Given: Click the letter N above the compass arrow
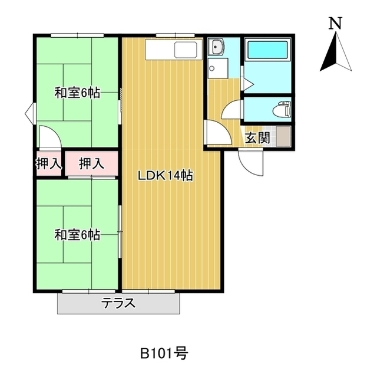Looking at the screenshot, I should [336, 24].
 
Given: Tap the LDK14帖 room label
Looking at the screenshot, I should [166, 175].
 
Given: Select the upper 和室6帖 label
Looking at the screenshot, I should [77, 93].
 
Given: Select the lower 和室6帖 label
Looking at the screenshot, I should [77, 235].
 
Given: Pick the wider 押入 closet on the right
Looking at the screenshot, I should [91, 164].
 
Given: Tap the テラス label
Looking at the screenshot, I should [118, 304].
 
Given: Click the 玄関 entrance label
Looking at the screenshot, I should [257, 139].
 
